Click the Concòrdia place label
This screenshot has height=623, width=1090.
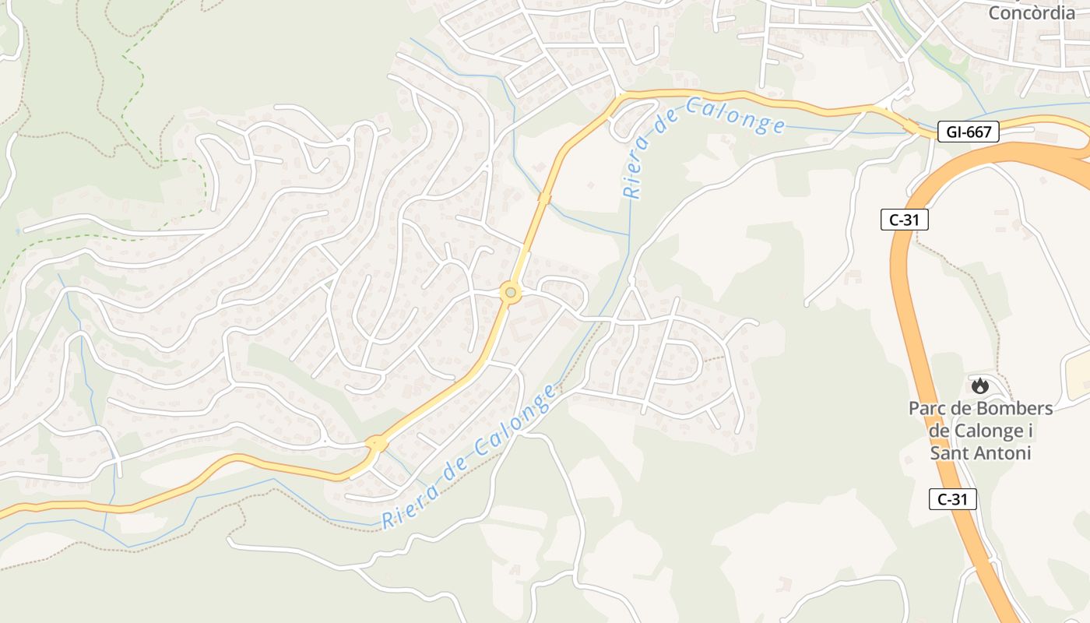tap(1032, 12)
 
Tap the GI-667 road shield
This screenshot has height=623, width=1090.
tap(968, 132)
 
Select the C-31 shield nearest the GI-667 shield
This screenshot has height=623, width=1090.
tap(904, 220)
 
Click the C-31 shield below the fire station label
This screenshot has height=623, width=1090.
tap(952, 499)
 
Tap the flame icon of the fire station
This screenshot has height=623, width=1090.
tap(979, 385)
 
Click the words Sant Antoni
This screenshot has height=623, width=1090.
tap(980, 452)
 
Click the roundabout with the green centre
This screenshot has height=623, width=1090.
tap(510, 293)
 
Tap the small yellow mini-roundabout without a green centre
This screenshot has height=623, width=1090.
tap(377, 443)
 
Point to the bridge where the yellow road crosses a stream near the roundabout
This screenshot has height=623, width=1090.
tap(544, 199)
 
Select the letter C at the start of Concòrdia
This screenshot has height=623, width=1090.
tap(995, 12)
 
